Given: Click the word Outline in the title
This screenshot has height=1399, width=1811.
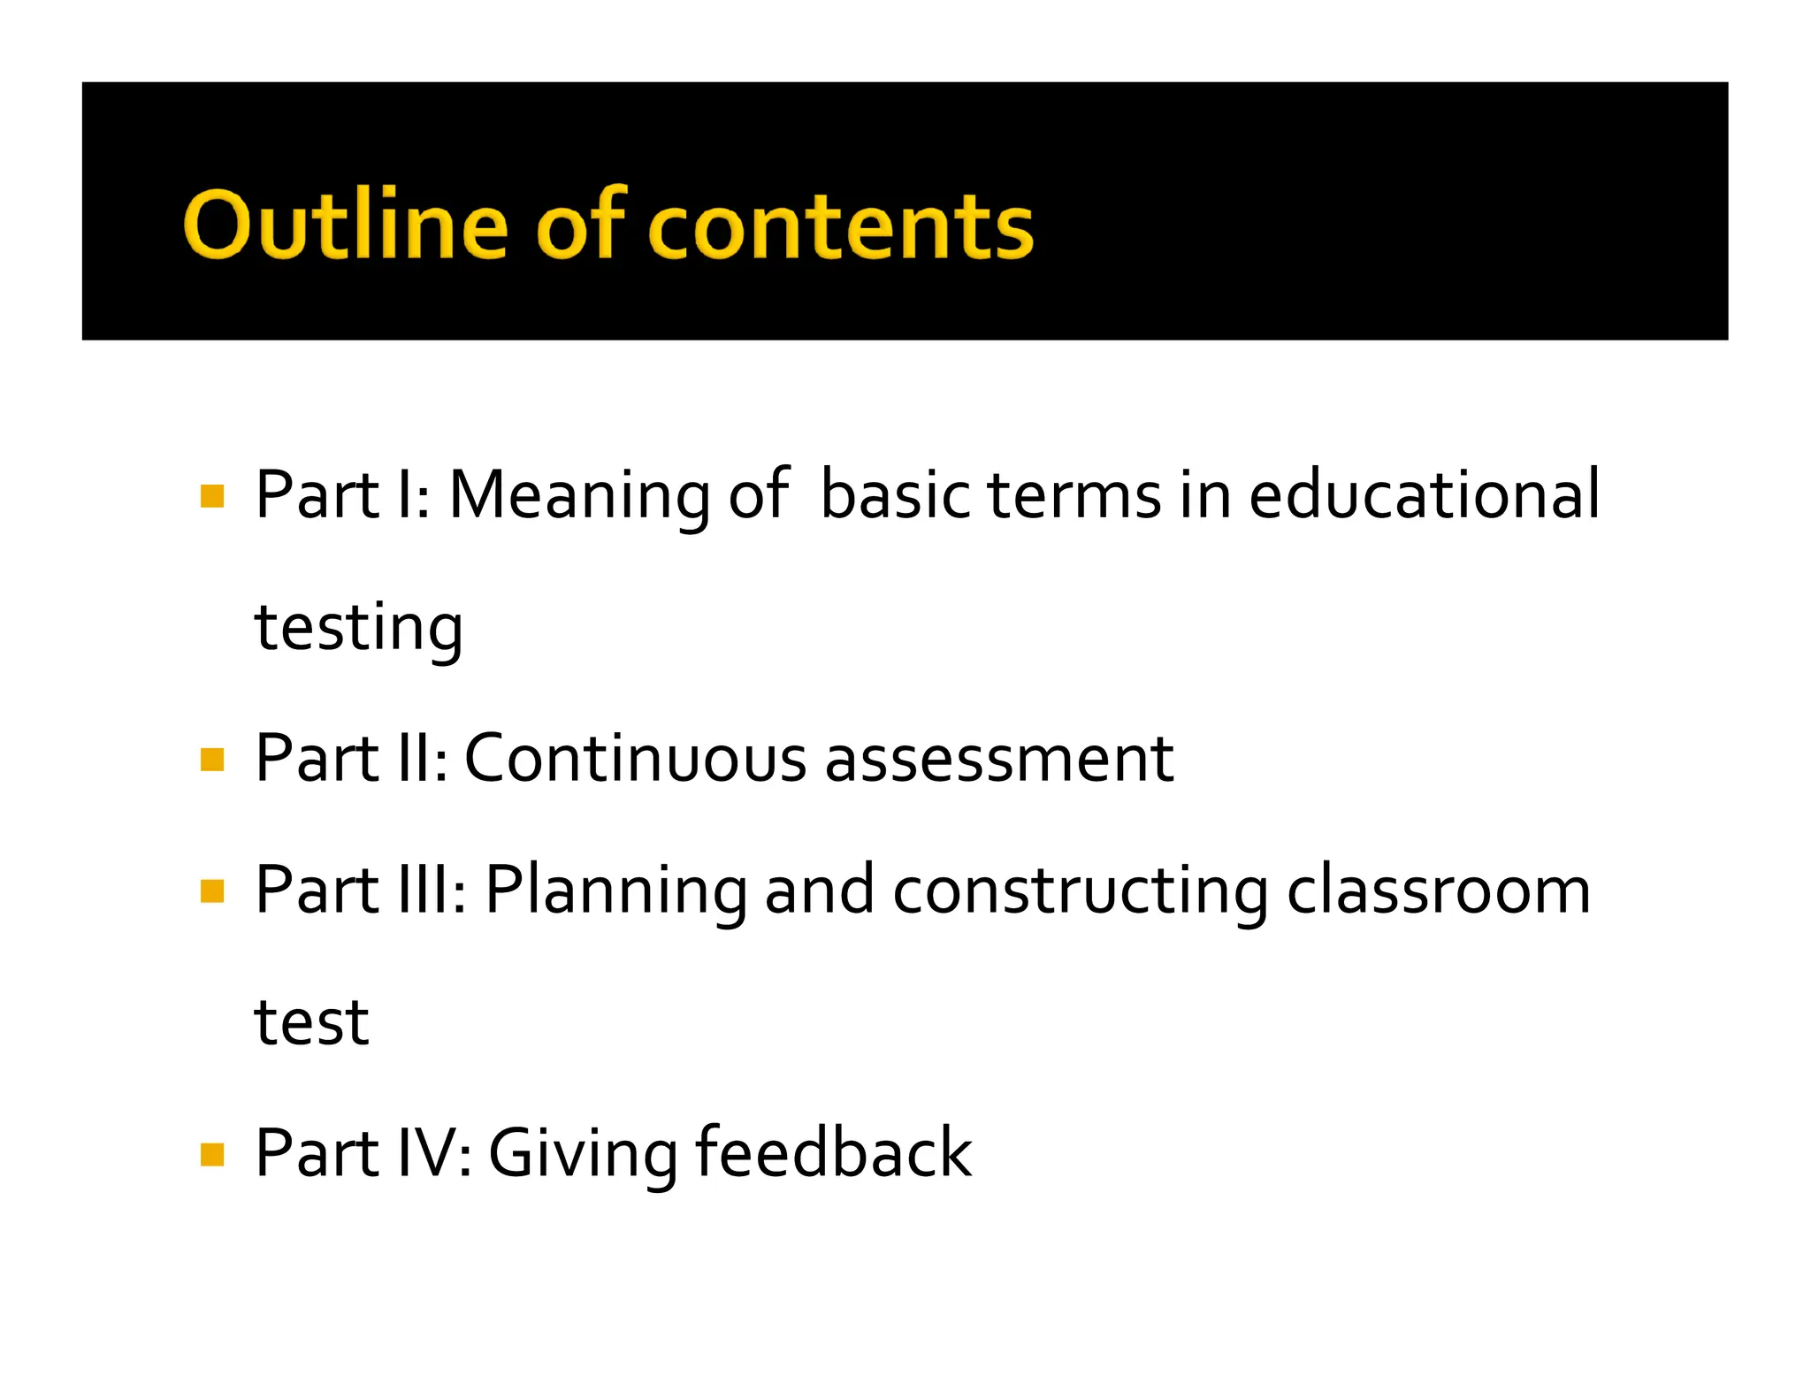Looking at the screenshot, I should click(x=345, y=226).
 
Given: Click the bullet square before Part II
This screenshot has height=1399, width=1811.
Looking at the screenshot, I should click(x=212, y=760).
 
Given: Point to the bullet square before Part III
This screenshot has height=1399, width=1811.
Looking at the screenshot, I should click(x=212, y=891).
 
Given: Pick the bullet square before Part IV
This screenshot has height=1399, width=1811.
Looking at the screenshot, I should click(x=212, y=1154).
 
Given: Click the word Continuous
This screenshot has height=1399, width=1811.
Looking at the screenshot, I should click(x=635, y=759).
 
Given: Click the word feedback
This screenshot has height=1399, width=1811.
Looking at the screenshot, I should click(x=834, y=1152).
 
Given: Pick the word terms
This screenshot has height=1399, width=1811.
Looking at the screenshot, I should click(x=1074, y=495).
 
